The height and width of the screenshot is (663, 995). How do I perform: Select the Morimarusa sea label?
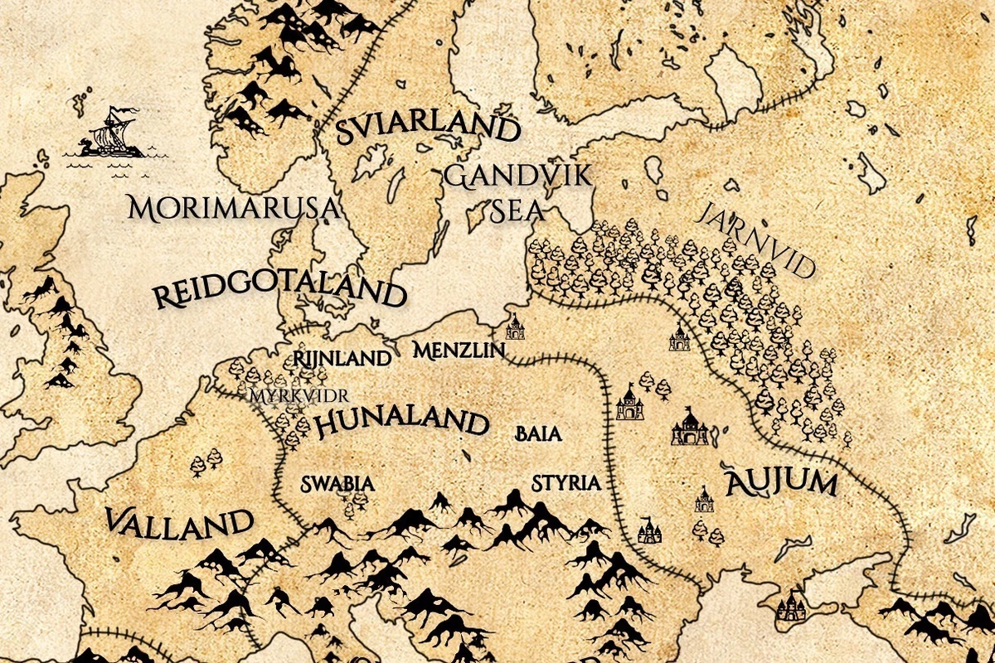pos(235,208)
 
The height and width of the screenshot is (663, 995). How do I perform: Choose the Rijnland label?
pos(342,359)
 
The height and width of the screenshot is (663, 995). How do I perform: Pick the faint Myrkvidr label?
pos(299,394)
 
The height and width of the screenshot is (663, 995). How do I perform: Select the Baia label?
pos(538,433)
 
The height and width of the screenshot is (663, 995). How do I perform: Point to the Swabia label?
pos(332,483)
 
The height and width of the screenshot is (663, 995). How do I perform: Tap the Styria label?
pos(565,483)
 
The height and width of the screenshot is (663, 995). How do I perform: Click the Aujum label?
pos(779,482)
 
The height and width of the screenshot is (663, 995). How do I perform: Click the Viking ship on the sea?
pos(108,133)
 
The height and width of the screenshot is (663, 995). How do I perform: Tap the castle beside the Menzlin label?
pos(516,327)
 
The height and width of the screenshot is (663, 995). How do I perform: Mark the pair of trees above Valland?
pos(206,462)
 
